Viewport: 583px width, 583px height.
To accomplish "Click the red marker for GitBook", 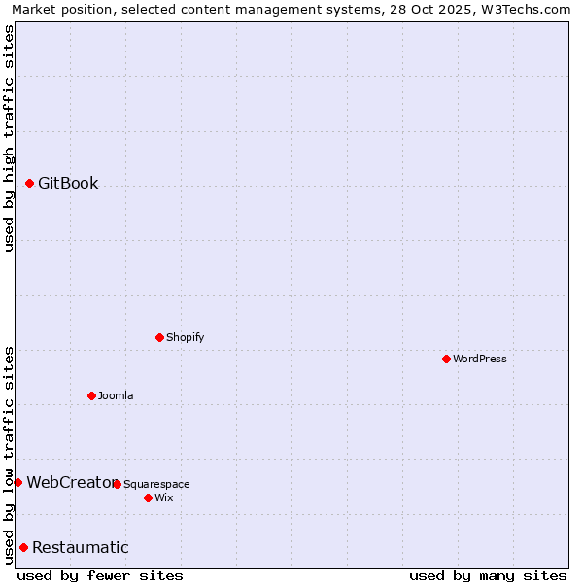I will click(29, 183).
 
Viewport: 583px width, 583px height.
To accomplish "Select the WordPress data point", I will click(446, 359).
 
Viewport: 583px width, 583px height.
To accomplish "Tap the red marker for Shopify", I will click(159, 337).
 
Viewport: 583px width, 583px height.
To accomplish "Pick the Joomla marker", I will click(91, 395).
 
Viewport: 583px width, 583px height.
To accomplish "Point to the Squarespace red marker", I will click(117, 484).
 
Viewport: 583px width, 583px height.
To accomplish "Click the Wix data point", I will click(148, 497).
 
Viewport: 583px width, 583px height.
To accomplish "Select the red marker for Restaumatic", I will click(23, 547).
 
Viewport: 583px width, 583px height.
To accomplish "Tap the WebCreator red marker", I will click(17, 482).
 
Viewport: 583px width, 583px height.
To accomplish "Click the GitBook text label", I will click(68, 183).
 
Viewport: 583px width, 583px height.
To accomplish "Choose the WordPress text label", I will click(480, 359).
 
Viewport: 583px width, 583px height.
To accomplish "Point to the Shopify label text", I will click(185, 337).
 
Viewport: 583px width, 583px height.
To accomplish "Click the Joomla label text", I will click(116, 395).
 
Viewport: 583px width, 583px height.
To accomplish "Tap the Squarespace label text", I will click(156, 484).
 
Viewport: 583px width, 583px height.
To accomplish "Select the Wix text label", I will click(164, 497).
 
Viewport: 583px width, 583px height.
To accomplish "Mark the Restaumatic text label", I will click(81, 547).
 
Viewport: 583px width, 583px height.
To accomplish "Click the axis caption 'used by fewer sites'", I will click(100, 575).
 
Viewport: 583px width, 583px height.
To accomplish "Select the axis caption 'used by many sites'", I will click(488, 575).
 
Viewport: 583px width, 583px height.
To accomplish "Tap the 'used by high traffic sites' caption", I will click(9, 138).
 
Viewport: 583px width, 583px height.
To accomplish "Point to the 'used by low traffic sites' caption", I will click(9, 454).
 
